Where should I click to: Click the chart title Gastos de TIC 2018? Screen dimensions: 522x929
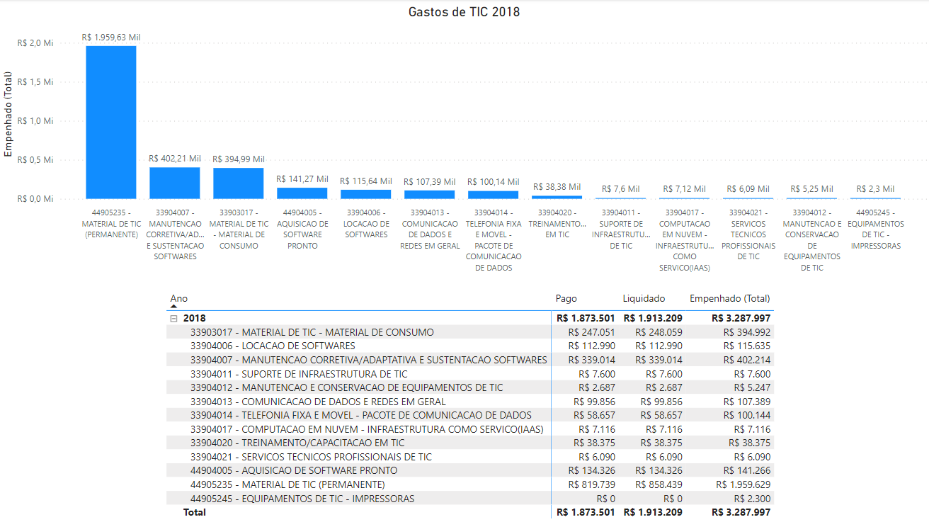coord(464,12)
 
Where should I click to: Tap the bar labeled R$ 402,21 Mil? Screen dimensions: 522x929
coord(175,183)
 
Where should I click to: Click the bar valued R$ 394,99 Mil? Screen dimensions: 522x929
coord(239,183)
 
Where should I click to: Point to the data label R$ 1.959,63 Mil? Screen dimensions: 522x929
coord(111,38)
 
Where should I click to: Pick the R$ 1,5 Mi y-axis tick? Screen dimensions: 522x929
coord(35,82)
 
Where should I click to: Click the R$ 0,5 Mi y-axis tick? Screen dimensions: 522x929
coord(35,160)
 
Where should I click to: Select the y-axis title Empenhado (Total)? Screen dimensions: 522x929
coord(8,114)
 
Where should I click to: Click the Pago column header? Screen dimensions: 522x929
coord(566,298)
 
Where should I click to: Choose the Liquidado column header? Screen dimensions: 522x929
coord(644,298)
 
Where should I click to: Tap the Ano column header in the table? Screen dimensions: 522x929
coord(179,298)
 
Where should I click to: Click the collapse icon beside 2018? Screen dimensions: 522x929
coord(174,319)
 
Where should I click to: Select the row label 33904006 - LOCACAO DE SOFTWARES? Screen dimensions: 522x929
coord(273,346)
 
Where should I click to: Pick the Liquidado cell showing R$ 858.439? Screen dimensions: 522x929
coord(659,484)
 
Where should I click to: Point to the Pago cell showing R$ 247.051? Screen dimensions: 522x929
coord(592,332)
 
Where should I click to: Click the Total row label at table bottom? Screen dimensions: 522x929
coord(195,512)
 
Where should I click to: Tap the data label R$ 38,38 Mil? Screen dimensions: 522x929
coord(557,187)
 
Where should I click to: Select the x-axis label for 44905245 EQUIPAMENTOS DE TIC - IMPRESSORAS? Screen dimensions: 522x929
coord(876,229)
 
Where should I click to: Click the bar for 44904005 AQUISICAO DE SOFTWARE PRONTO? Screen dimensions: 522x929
coord(302,193)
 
